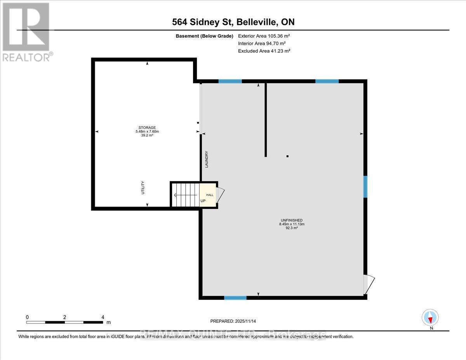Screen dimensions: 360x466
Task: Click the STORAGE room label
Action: (x=147, y=127)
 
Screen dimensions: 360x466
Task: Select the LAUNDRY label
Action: (x=207, y=159)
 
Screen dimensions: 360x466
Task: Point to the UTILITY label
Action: (x=143, y=188)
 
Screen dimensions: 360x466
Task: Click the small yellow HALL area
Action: (x=208, y=194)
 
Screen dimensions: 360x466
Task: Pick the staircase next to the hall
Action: (x=185, y=194)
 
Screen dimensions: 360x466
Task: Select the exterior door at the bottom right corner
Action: (x=369, y=285)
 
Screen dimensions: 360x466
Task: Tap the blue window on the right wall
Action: (x=365, y=187)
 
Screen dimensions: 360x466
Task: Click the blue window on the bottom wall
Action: (x=235, y=298)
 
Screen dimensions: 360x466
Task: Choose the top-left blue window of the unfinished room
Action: (x=230, y=81)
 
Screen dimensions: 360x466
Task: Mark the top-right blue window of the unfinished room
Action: (x=327, y=81)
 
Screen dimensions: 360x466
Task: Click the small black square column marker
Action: (x=287, y=157)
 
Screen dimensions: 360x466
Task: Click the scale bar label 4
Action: (x=103, y=317)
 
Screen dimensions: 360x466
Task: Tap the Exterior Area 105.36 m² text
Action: (x=264, y=36)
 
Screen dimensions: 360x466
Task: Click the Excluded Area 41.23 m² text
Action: (x=264, y=51)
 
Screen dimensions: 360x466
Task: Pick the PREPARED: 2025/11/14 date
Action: (x=233, y=321)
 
